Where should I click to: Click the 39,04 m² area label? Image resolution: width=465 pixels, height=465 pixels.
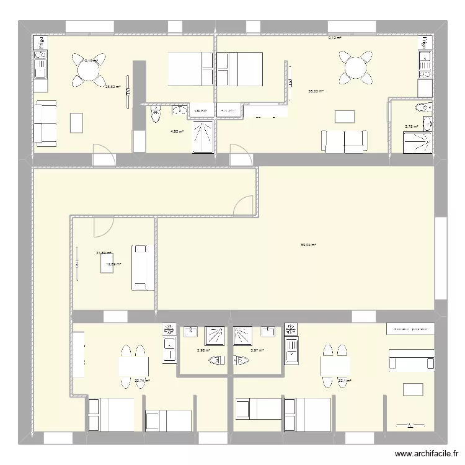point(309,245)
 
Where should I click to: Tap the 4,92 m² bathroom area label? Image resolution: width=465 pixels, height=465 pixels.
point(177,131)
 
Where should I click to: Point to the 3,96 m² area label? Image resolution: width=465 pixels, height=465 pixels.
point(202,350)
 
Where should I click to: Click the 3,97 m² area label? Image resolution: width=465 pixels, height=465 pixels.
point(257,350)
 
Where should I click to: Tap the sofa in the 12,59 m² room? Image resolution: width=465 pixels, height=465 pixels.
point(141,267)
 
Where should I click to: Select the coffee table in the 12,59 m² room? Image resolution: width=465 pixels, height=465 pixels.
point(106,263)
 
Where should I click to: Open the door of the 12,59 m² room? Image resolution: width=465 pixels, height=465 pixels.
point(102,226)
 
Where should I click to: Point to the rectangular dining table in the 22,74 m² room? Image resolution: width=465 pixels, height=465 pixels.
point(135,366)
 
